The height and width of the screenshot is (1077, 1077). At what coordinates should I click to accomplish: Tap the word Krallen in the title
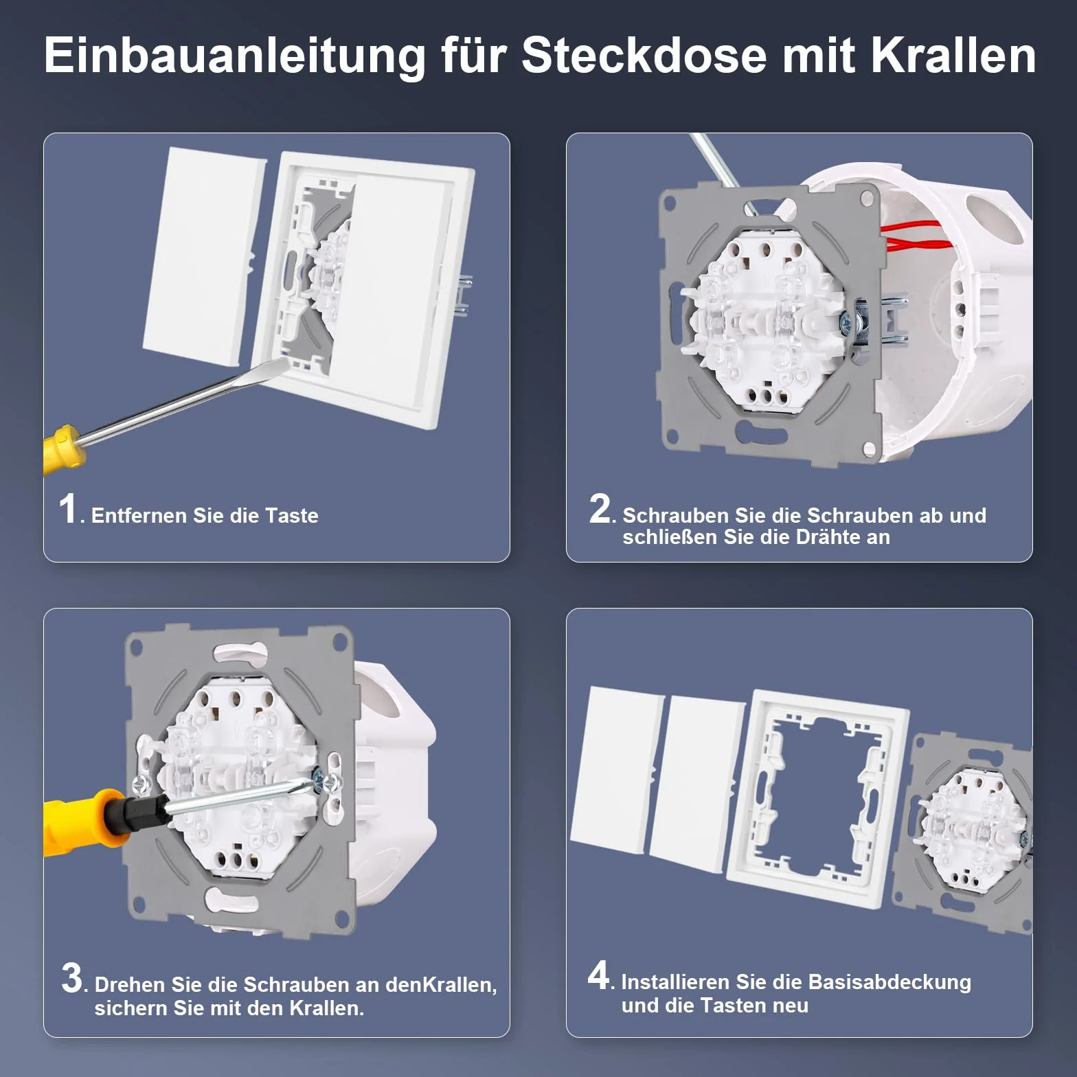[x=954, y=55]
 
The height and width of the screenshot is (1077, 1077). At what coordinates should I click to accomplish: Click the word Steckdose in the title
[x=644, y=55]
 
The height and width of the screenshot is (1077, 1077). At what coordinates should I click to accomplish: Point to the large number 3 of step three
[x=71, y=977]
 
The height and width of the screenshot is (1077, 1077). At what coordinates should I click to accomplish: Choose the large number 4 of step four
[x=598, y=975]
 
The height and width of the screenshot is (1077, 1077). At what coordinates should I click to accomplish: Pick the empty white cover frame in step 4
[x=817, y=795]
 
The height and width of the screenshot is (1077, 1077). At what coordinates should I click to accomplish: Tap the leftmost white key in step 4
[x=615, y=770]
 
